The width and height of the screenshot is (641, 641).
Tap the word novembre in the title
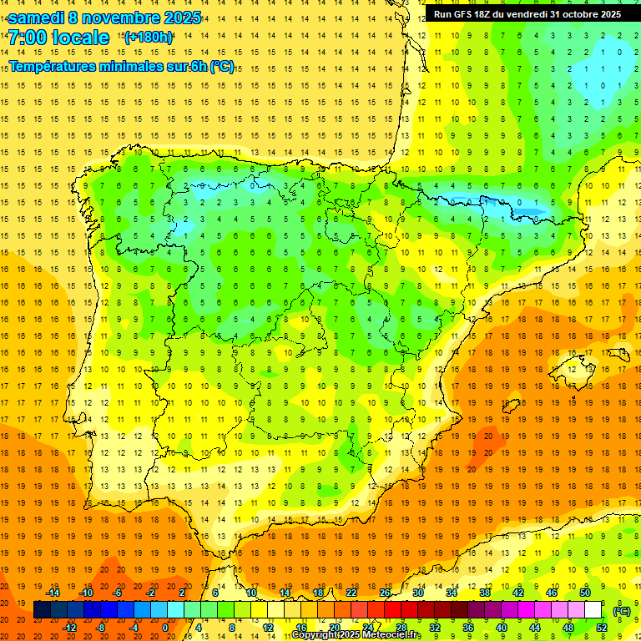121,18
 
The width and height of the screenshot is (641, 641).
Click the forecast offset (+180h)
149,38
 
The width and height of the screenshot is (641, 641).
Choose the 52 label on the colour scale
602,628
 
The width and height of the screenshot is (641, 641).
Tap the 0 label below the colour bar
165,628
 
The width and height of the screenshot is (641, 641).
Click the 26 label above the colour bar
385,593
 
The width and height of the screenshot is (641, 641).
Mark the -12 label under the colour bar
69,628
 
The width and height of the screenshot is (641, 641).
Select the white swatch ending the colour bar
593,610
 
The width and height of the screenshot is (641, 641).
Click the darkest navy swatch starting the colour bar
42,610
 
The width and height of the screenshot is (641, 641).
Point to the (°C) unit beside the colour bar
621,611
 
